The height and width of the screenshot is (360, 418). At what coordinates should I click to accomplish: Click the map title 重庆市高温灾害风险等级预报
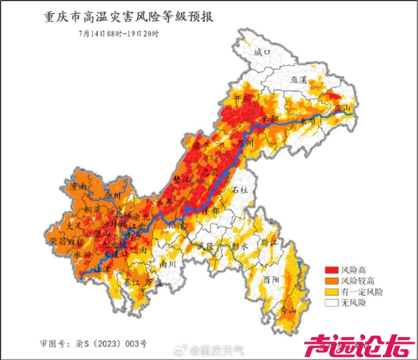(129, 17)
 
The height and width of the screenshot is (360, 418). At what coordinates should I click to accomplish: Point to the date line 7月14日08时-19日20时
(119, 33)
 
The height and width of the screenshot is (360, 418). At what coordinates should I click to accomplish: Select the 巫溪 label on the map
(299, 80)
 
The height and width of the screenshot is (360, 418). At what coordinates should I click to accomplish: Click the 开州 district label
(244, 99)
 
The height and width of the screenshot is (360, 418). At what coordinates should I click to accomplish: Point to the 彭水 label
(240, 245)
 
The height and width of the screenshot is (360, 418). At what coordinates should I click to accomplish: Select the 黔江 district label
(269, 242)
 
